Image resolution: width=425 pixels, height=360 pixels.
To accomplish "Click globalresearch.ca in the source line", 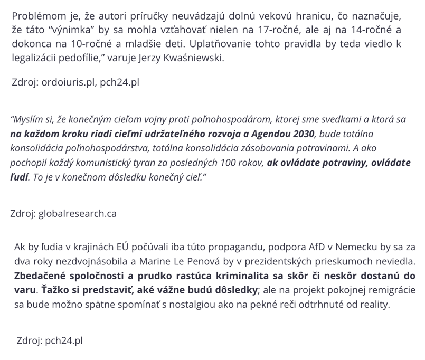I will coord(78,214).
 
